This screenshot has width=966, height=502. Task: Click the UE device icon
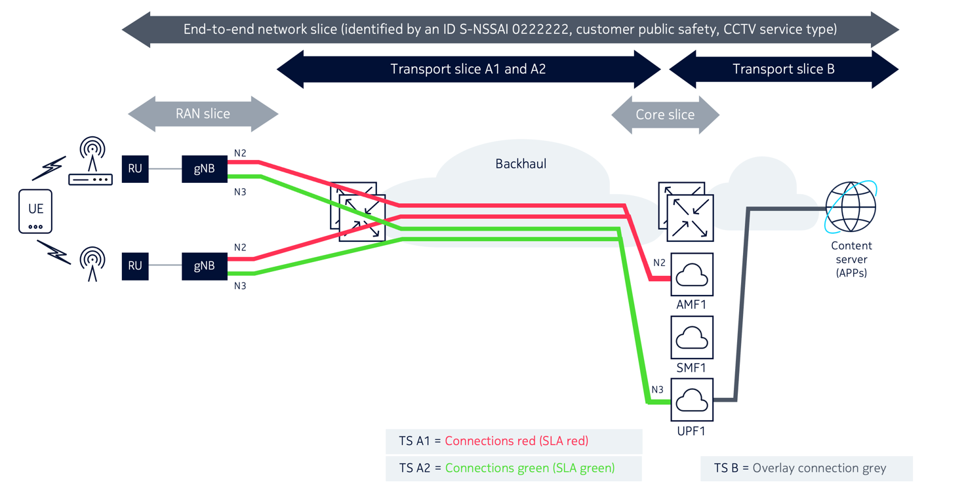pos(35,211)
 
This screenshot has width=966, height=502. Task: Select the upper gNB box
pos(204,168)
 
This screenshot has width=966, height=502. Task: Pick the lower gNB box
pos(204,265)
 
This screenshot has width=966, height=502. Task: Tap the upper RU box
pos(135,168)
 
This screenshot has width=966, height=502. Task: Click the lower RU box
pos(135,265)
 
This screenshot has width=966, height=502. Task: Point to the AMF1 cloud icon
pos(692,275)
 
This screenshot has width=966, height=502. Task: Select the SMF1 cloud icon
pos(692,338)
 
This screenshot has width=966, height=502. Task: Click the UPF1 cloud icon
pos(692,400)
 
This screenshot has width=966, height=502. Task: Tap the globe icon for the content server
pos(851,207)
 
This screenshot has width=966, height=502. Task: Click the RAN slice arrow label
pos(203,114)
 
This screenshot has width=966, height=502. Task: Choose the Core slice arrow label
pos(665,115)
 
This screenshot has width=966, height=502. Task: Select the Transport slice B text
pos(783,69)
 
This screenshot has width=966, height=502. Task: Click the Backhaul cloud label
pos(521,163)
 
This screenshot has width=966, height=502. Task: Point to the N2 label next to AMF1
pos(659,263)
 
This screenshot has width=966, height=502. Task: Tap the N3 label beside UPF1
pos(657,390)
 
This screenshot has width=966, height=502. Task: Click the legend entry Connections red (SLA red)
pos(516,441)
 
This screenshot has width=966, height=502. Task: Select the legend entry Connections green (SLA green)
pos(529,468)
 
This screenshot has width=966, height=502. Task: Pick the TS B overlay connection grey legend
pos(806,469)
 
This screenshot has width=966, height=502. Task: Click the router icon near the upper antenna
pos(91,178)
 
